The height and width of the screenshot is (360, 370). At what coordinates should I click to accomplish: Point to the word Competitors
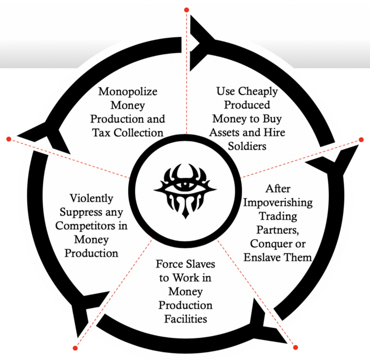pos(95,227)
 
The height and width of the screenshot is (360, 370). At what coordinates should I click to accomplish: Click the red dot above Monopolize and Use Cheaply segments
pos(186,9)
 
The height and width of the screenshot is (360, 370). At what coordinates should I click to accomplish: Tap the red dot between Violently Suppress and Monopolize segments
pos(8,138)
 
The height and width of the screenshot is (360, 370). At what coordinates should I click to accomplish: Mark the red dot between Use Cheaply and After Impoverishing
pos(362,139)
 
